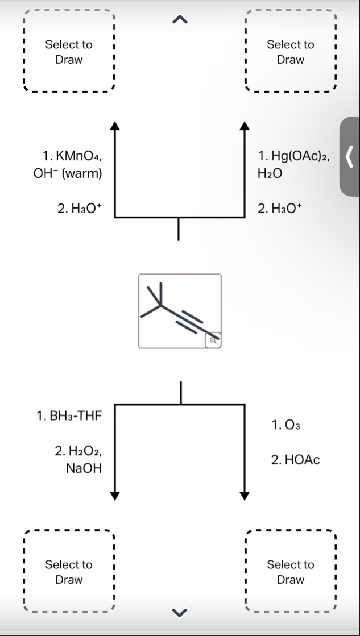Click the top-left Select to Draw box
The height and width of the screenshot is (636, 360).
click(x=69, y=52)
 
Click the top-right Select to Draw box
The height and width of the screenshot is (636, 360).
click(x=290, y=52)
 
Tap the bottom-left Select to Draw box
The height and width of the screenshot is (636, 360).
click(x=69, y=572)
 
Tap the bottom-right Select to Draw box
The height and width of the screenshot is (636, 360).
click(x=290, y=572)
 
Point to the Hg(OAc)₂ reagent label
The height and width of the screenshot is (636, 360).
click(x=295, y=156)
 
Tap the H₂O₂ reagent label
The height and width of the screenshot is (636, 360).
click(x=78, y=451)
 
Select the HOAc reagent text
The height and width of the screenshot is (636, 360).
click(x=296, y=460)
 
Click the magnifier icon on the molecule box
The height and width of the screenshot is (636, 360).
click(x=213, y=340)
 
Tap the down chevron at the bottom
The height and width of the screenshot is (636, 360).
click(x=179, y=612)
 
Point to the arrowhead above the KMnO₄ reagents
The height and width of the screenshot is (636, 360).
click(x=115, y=126)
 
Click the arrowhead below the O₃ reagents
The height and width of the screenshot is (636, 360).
click(x=245, y=494)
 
